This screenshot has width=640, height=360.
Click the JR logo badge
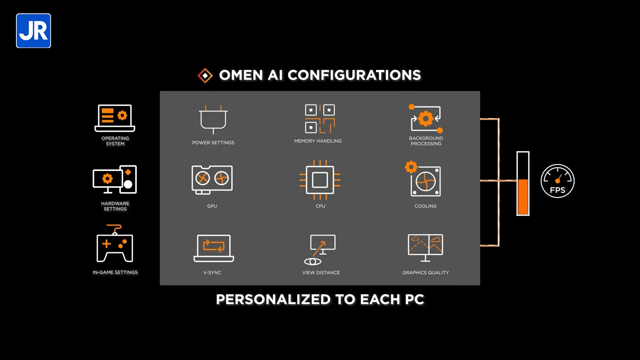[x=33, y=31]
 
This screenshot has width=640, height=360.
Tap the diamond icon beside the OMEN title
[x=205, y=75]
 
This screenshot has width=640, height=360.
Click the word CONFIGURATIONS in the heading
[x=354, y=75]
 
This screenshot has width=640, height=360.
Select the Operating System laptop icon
[x=115, y=118]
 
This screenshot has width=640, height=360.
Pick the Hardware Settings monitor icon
[x=114, y=179]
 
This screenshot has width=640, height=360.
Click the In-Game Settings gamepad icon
[x=115, y=245]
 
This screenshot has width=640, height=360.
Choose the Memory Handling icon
[x=320, y=119]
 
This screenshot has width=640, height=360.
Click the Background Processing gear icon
[x=425, y=119]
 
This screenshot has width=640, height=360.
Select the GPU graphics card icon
[x=212, y=179]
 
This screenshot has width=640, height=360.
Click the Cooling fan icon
[x=424, y=180]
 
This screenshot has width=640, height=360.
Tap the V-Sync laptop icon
[x=213, y=248]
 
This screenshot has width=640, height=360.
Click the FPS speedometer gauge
[x=557, y=181]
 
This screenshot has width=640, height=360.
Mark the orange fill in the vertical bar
[x=523, y=197]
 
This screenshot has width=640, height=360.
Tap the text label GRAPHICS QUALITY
[x=425, y=272]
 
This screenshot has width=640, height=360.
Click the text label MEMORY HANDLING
[x=318, y=141]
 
